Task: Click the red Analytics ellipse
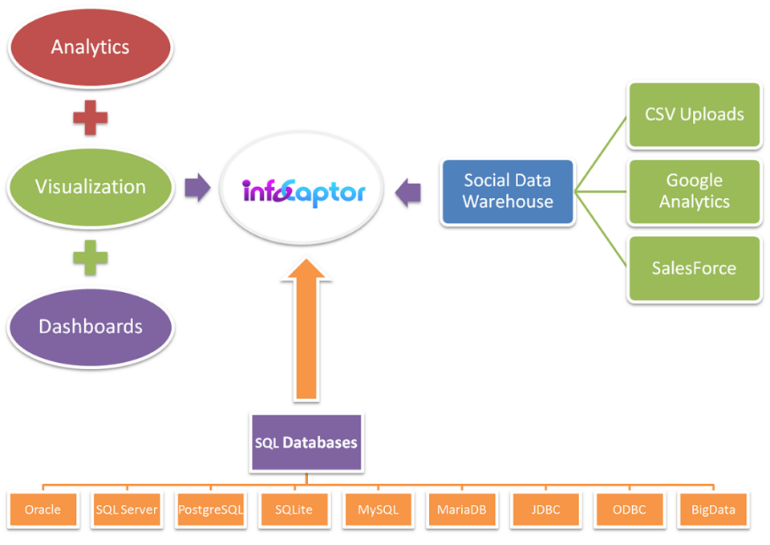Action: point(91,47)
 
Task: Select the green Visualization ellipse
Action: point(91,187)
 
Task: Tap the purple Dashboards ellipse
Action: point(91,327)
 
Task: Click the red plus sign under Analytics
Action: point(90,117)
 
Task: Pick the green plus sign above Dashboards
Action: point(90,258)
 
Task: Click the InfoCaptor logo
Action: point(304,192)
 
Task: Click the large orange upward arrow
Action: point(304,329)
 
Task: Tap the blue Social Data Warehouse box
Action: point(508,192)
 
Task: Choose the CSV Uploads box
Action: point(694,115)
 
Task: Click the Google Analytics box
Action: point(694,191)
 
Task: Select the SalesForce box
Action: point(694,268)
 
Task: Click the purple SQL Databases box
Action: point(306,442)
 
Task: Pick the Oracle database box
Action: point(43,509)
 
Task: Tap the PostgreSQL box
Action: point(211,509)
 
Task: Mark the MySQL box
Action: point(378,509)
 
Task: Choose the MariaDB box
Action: point(461,509)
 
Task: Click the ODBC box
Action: point(629,509)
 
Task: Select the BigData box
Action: point(712,509)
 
